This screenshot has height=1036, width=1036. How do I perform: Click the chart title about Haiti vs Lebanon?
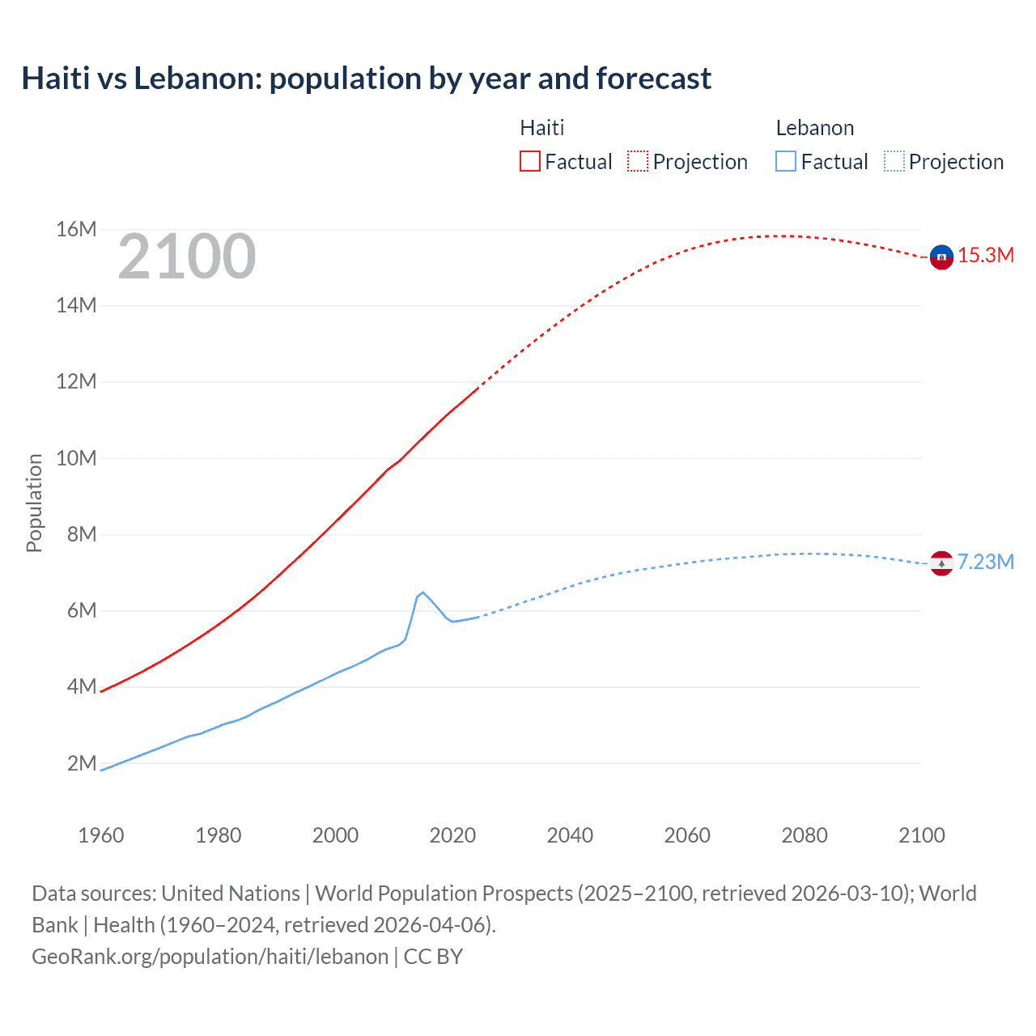tap(366, 79)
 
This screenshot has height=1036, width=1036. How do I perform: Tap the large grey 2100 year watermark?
tap(187, 257)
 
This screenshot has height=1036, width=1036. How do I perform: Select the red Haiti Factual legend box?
tap(529, 161)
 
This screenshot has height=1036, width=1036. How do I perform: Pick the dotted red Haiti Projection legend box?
tap(638, 161)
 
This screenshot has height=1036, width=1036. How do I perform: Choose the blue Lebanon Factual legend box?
tap(785, 161)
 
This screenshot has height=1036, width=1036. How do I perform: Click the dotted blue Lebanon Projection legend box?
tap(894, 161)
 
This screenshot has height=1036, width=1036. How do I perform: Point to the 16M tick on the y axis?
tap(76, 230)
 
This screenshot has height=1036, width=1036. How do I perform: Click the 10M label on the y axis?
tap(76, 458)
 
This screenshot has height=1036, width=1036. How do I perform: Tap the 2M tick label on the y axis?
tap(81, 763)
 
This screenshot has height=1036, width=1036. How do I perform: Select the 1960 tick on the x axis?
tap(101, 835)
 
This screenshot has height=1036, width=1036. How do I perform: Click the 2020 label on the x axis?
tap(452, 835)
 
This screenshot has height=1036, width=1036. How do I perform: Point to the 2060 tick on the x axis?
tap(687, 835)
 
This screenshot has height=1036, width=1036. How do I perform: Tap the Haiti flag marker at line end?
tap(941, 257)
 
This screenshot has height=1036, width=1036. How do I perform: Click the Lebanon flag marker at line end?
tap(941, 563)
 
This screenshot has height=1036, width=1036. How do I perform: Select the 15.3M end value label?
tap(986, 256)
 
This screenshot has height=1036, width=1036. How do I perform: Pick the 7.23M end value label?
tap(986, 563)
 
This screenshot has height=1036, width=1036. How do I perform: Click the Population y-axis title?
tap(34, 503)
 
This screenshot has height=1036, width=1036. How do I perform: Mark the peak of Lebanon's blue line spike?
tap(422, 592)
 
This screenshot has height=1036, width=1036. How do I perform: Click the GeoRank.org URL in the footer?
tap(210, 957)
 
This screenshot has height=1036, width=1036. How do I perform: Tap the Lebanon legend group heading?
tap(814, 128)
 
